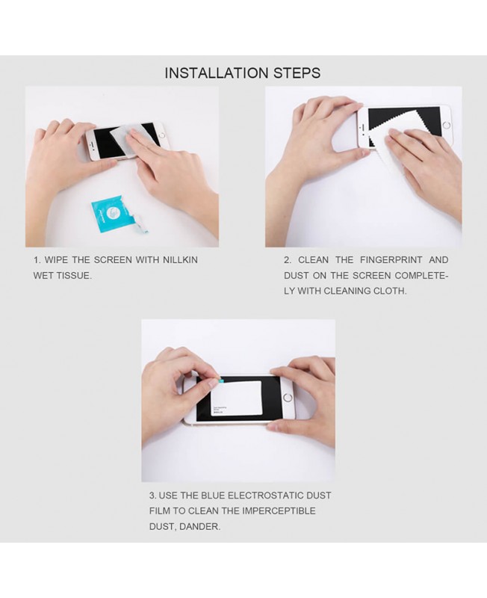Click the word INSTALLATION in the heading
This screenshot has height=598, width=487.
pyautogui.click(x=217, y=73)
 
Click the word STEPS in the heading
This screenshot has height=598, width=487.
pyautogui.click(x=297, y=73)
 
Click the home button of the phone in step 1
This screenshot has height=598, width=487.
pyautogui.click(x=161, y=135)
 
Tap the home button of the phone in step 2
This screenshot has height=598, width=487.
pyautogui.click(x=447, y=125)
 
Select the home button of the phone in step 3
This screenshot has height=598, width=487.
pyautogui.click(x=288, y=398)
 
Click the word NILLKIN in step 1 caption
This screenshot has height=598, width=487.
pyautogui.click(x=180, y=260)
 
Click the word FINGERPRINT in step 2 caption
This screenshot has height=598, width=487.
pyautogui.click(x=391, y=260)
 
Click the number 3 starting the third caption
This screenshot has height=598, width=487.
pyautogui.click(x=152, y=496)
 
